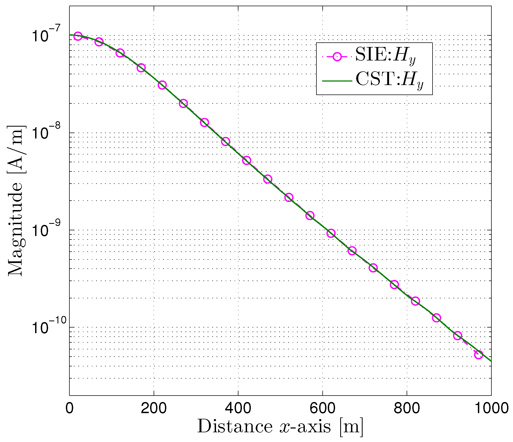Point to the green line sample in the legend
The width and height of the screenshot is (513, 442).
coord(337,81)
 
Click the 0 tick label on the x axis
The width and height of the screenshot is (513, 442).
coord(69,409)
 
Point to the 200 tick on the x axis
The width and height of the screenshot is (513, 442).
coord(154,409)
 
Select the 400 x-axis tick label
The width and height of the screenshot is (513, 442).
coord(238,409)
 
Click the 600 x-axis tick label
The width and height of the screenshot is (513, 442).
coord(322,409)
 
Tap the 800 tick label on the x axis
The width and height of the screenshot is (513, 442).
coord(407,409)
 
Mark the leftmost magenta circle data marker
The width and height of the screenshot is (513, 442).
coord(78,36)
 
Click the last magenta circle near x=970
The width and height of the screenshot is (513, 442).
coord(478,355)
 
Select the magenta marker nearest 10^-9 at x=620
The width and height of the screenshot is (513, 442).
coord(331,233)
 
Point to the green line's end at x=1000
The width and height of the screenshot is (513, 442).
coord(491,361)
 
